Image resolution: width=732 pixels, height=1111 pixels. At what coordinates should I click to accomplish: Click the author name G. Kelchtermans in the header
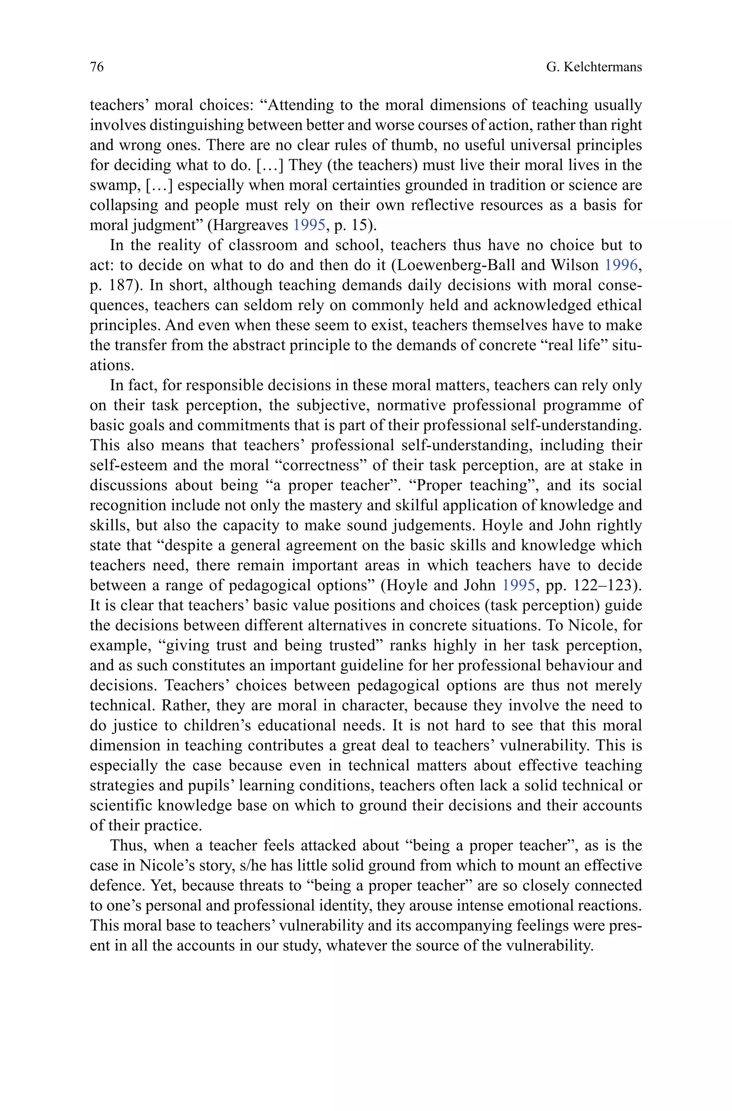coord(594,67)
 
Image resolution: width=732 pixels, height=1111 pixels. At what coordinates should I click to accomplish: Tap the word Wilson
coord(575,265)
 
